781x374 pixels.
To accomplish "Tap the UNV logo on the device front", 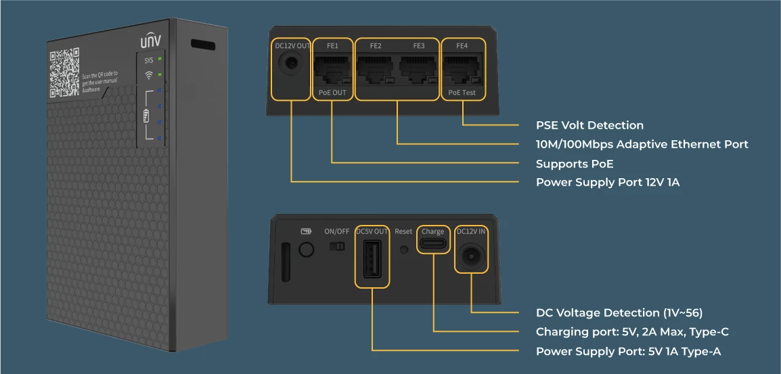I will click(x=150, y=41).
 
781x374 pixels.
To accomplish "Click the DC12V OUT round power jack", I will click(x=291, y=65).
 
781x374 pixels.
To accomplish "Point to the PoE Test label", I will click(x=462, y=92).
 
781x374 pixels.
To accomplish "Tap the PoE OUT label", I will click(x=332, y=92).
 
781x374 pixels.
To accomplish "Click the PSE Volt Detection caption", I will click(x=589, y=125).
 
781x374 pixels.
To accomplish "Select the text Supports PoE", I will click(x=575, y=163).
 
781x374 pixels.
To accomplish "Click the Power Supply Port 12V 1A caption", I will click(x=608, y=182).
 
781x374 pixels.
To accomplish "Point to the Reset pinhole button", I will click(x=404, y=249).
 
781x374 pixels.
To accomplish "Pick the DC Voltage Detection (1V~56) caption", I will click(x=619, y=313).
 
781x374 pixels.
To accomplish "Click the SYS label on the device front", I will click(x=149, y=60).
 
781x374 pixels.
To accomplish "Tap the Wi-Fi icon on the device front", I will click(x=149, y=75).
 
